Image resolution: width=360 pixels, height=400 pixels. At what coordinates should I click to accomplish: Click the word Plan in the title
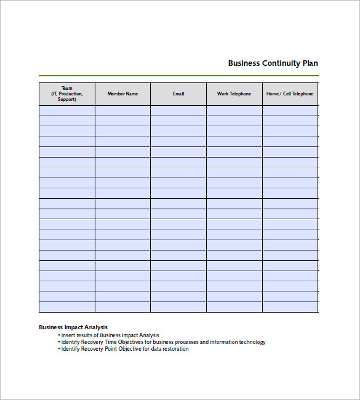(310, 63)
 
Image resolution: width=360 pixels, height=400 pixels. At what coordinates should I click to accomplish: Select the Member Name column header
(123, 94)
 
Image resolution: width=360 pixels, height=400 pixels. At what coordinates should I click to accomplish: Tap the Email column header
(178, 94)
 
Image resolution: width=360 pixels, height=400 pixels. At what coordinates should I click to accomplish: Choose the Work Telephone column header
(234, 94)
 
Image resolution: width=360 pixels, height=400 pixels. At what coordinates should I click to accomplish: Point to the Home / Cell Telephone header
(290, 94)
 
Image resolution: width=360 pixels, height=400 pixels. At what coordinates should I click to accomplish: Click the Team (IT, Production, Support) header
(67, 94)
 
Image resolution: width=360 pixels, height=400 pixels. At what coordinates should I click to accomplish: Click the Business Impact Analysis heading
(73, 327)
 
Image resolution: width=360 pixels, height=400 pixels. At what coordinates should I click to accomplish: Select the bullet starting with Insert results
(110, 335)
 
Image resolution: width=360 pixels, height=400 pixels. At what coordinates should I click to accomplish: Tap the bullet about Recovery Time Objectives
(163, 342)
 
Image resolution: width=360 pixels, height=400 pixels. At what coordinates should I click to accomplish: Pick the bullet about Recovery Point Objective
(125, 349)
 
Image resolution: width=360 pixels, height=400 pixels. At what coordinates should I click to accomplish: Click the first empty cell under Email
(178, 111)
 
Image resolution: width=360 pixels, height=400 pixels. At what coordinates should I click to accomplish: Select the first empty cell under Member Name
(123, 111)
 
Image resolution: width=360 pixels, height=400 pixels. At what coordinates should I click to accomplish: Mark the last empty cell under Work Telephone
(234, 307)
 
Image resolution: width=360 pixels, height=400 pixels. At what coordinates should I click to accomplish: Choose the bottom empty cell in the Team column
(67, 307)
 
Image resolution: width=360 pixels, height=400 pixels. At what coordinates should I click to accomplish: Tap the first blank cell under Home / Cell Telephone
(290, 111)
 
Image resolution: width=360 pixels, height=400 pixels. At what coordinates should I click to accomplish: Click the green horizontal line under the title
(178, 76)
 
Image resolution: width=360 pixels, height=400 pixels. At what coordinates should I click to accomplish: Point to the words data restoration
(169, 349)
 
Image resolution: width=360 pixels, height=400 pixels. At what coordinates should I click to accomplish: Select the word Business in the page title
(244, 63)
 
